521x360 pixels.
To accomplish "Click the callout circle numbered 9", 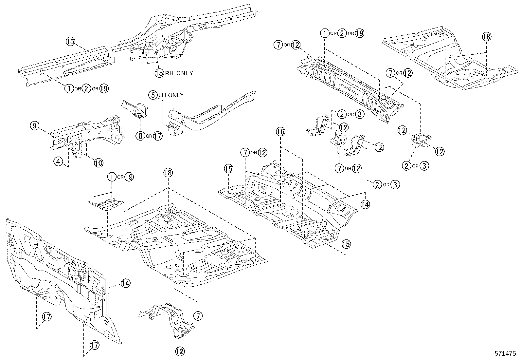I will point(35,125).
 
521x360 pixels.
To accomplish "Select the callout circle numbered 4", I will point(58,161).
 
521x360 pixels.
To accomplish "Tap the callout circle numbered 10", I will point(99,162).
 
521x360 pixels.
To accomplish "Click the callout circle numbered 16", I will point(280,132).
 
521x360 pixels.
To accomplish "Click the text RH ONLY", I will point(179,73).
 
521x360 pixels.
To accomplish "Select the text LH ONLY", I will point(171,95).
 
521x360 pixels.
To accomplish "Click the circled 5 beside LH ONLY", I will point(153,95).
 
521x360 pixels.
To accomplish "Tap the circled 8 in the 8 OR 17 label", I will point(140,136).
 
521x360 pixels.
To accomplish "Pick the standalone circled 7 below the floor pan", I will point(198,316).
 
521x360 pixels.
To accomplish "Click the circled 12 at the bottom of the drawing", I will point(180,351).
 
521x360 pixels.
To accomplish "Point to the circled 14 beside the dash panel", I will point(125,283).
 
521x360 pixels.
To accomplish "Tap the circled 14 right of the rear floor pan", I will point(365,204).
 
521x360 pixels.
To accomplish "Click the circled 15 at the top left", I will point(70,41).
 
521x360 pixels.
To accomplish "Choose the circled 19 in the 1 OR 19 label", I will point(129,177).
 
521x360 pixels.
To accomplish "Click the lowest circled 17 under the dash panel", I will point(94,345).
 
